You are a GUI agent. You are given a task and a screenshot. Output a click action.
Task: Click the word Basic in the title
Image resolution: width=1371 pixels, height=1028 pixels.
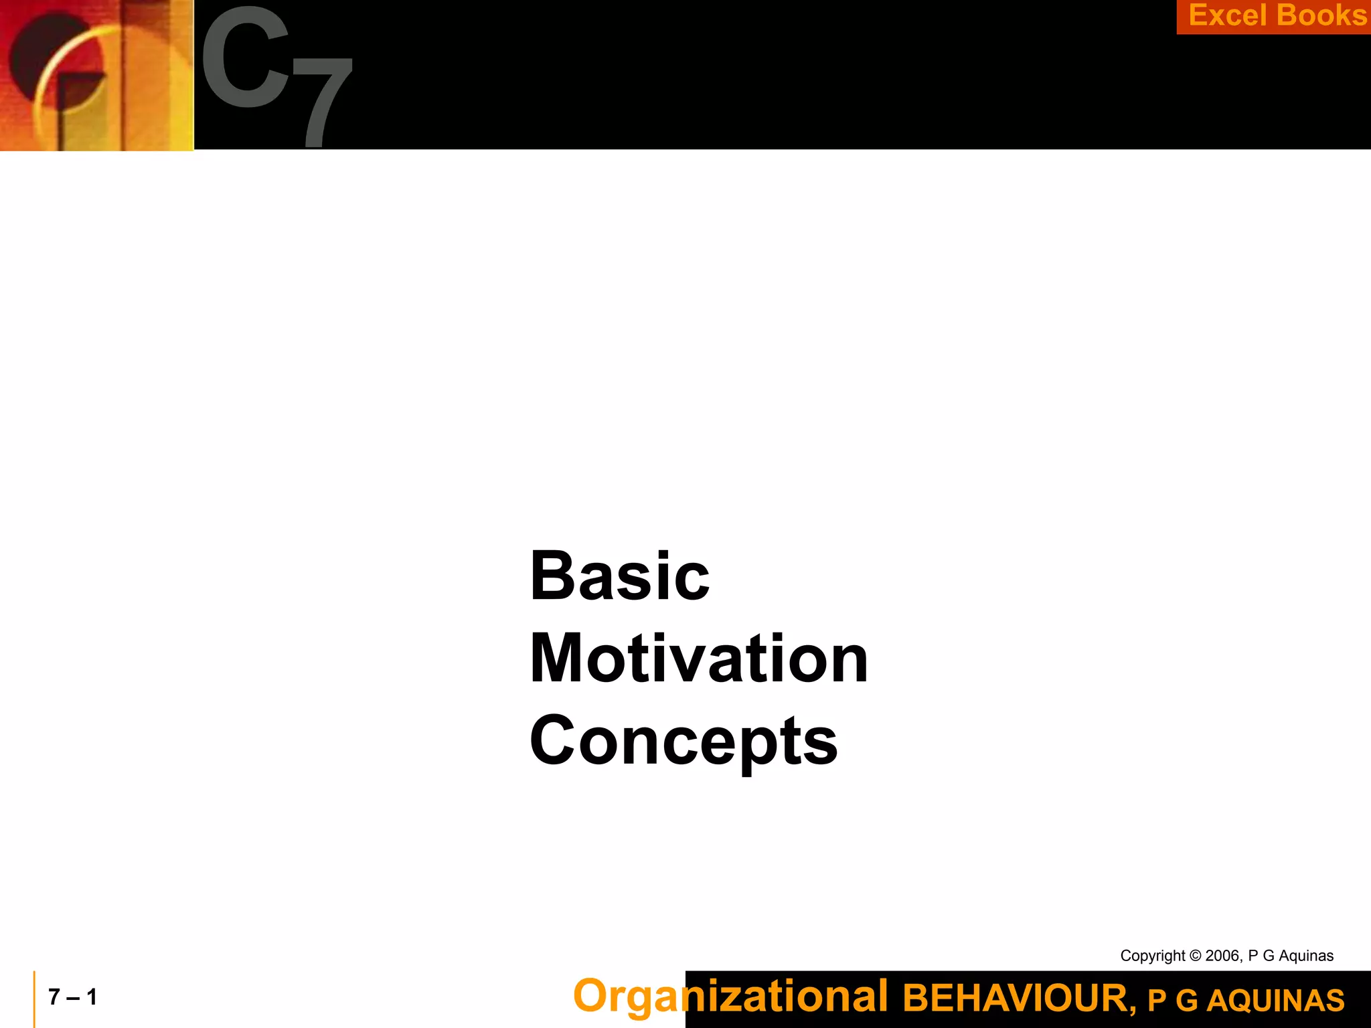(619, 576)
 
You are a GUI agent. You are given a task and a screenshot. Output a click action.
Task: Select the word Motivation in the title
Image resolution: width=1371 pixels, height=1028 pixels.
(698, 659)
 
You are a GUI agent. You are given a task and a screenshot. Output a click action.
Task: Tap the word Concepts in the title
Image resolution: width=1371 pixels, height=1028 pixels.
(683, 742)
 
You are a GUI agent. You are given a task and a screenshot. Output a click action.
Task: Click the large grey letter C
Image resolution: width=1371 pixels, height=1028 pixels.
(246, 58)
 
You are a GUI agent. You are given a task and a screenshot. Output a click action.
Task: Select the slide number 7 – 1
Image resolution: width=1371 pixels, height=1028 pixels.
(73, 997)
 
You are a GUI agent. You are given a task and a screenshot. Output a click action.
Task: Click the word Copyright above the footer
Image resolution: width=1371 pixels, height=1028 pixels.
(1152, 956)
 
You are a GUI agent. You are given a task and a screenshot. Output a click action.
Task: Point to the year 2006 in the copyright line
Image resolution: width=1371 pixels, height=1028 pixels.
(1222, 956)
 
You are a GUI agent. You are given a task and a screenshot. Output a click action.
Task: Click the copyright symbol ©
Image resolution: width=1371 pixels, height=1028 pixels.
(1195, 956)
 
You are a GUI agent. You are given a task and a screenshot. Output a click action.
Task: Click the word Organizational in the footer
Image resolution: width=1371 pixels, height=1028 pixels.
(730, 997)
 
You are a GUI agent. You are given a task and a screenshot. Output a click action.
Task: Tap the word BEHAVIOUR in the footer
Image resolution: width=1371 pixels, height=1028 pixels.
(1018, 999)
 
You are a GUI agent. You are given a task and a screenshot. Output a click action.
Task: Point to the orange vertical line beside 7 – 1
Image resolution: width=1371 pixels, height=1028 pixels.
(34, 999)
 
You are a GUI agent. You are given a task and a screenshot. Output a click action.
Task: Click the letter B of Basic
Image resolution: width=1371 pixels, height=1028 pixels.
(551, 576)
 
